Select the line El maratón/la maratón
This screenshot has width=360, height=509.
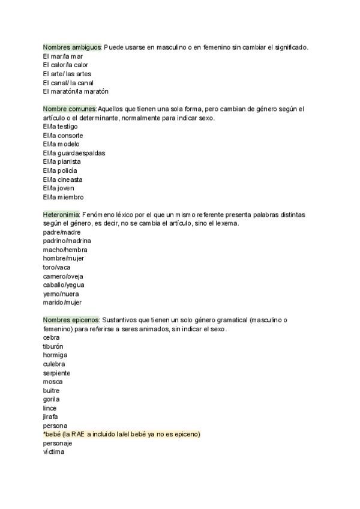[76, 91]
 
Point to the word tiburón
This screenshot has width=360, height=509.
[53, 346]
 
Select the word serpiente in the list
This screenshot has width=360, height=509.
[56, 373]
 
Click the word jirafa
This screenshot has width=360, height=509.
[50, 417]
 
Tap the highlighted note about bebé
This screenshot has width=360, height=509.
[121, 434]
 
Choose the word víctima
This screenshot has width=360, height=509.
[53, 452]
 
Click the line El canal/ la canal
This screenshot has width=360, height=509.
[68, 83]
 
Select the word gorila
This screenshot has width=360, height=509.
[51, 399]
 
